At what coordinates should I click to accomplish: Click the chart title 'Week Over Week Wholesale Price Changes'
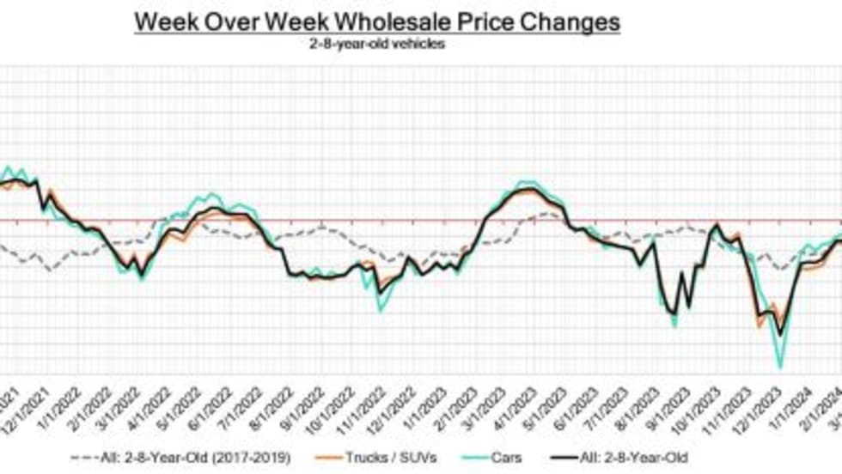click(376, 22)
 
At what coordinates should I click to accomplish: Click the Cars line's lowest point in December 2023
click(780, 368)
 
